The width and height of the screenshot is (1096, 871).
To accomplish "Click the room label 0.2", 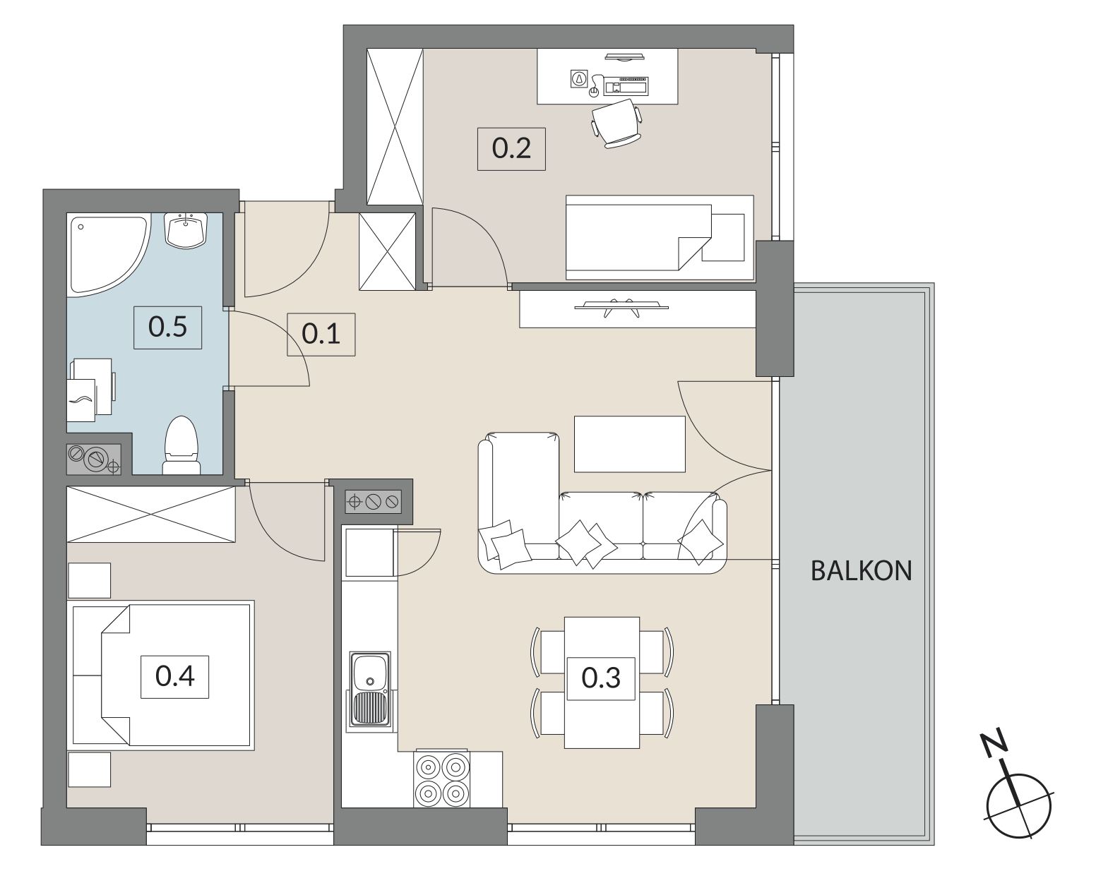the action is (x=511, y=149).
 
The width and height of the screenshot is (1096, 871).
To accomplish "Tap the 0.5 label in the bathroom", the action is (x=167, y=328).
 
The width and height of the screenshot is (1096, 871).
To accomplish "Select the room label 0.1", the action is (x=321, y=334).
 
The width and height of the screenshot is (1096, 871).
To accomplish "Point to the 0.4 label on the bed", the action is (x=174, y=676).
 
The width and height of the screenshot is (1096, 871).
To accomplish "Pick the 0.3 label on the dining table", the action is (x=601, y=678).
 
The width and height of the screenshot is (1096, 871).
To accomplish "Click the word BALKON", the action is (x=862, y=571).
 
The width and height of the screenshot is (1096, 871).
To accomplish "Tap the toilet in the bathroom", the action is (x=181, y=445).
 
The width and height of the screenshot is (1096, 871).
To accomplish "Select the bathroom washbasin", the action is (x=186, y=230).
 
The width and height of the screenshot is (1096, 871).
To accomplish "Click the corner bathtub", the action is (x=109, y=255).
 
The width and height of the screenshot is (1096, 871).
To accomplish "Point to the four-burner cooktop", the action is (x=442, y=779).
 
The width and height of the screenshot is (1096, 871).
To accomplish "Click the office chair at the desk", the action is (x=616, y=124).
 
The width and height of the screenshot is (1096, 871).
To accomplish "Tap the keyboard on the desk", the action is (x=626, y=86).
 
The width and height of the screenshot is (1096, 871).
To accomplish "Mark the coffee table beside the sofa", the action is (x=629, y=444).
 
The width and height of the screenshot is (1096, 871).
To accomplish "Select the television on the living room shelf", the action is (x=621, y=307).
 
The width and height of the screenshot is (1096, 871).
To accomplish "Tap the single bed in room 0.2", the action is (x=660, y=237).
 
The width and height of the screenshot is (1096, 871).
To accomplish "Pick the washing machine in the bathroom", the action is (x=90, y=390).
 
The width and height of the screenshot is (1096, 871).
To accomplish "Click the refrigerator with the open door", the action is (x=369, y=553).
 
